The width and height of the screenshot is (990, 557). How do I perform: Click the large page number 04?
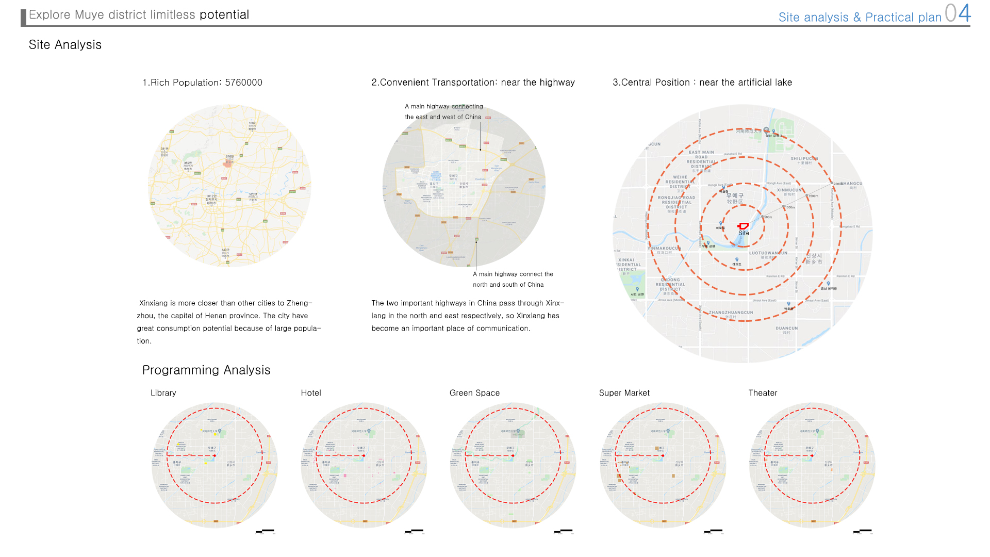point(958,13)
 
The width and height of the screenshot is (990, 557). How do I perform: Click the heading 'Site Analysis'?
point(65,45)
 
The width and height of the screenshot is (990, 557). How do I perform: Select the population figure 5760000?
point(243,83)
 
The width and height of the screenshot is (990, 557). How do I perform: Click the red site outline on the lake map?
point(743,226)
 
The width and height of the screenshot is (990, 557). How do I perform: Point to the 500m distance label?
point(768,217)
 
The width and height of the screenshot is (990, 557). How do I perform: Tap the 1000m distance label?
point(790,207)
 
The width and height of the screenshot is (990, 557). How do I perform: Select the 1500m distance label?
point(813,196)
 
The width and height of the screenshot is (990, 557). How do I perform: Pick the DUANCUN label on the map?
point(787,328)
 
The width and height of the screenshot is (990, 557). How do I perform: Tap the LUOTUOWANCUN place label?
point(768,253)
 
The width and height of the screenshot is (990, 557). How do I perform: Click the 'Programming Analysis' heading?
point(206,370)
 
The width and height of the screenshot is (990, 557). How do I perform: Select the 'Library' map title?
point(163,393)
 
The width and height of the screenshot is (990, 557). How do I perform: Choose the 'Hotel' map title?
point(311,393)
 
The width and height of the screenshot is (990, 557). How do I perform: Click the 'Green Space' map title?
point(474,393)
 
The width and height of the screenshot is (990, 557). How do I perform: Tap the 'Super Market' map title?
point(624,393)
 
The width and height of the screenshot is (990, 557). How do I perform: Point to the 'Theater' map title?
point(763,393)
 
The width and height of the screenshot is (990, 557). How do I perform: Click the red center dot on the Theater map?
point(812,456)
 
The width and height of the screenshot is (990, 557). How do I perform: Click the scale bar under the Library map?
point(266,531)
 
